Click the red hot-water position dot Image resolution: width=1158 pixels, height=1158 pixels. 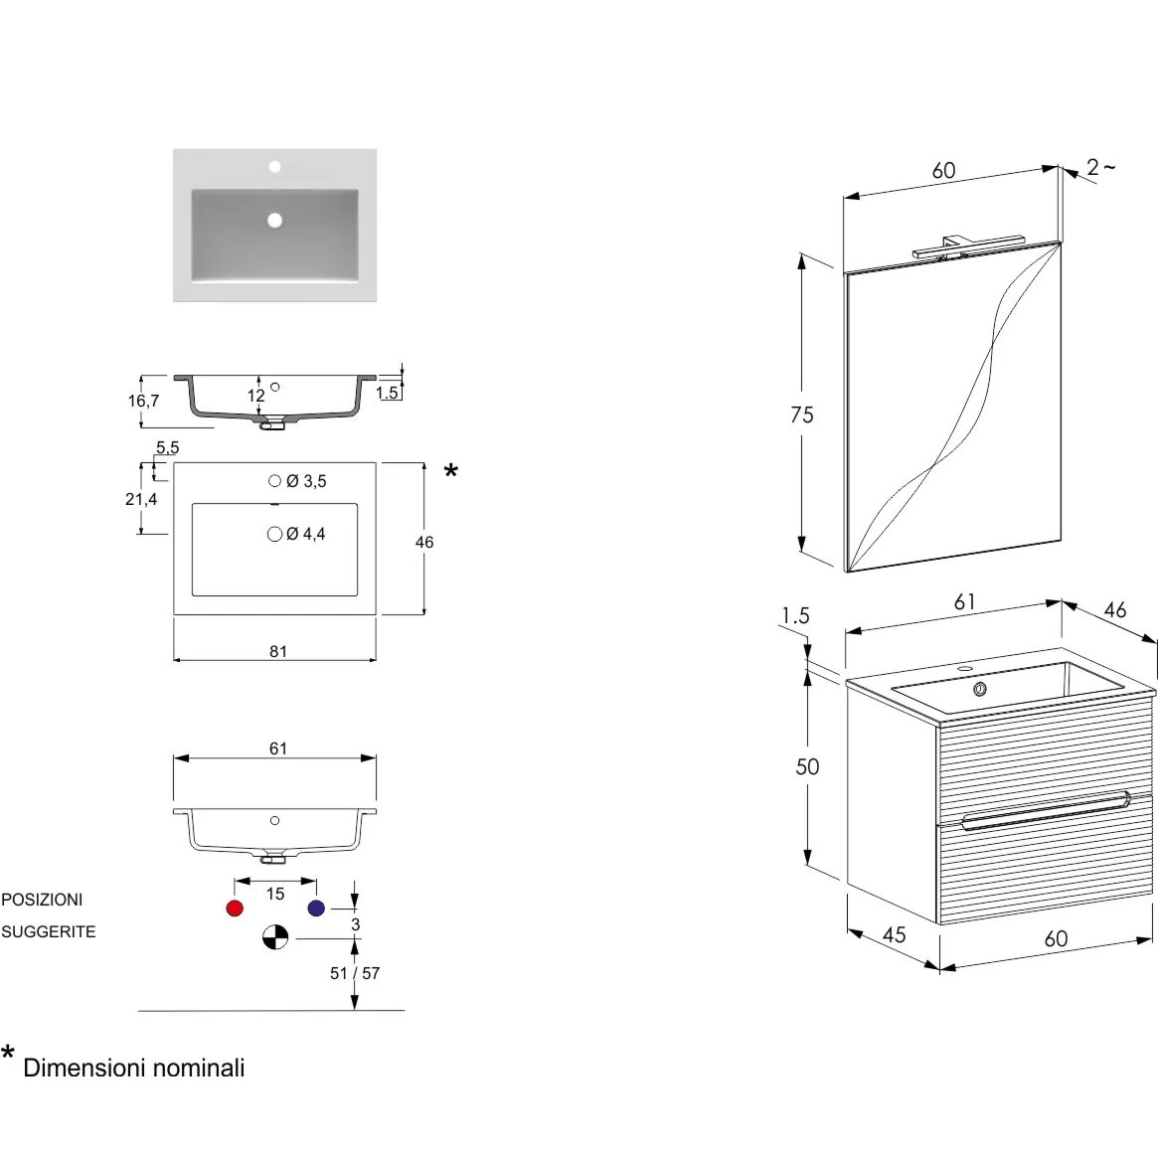point(235,909)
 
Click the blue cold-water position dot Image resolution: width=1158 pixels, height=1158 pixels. point(316,909)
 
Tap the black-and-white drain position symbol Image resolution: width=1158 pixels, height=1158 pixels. point(275,937)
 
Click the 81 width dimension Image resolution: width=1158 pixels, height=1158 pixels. point(277,651)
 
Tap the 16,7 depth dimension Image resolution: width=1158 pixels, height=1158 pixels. point(143,401)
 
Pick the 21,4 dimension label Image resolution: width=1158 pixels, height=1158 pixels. point(141,499)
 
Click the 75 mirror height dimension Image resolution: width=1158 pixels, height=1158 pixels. point(802,415)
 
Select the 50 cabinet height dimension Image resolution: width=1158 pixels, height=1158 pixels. point(807,766)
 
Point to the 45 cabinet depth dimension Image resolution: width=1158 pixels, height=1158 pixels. point(894,935)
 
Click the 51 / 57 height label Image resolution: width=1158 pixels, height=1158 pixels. point(355,973)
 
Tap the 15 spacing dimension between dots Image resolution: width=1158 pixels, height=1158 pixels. point(275,895)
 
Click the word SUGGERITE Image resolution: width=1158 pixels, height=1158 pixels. point(49,932)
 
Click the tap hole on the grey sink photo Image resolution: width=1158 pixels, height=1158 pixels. point(274,167)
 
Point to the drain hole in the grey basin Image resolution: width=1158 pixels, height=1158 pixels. point(274,220)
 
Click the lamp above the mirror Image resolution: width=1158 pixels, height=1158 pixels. point(967,247)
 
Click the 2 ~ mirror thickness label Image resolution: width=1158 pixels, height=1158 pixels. point(1100,168)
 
